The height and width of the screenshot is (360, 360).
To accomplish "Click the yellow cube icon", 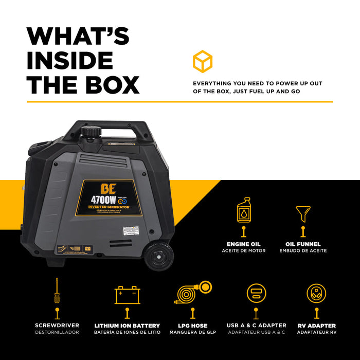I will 203,61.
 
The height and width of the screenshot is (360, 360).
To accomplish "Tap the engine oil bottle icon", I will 244,211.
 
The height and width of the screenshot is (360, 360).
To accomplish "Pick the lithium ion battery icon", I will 127,295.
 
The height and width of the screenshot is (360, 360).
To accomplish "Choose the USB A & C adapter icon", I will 256,293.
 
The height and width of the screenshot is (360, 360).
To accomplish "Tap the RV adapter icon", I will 316,293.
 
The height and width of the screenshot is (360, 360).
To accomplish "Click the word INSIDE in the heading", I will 70,60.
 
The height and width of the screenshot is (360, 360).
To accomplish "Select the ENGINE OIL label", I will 244,244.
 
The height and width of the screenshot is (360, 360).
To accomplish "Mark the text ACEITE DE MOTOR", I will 244,251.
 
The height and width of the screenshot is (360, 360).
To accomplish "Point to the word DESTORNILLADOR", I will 57,332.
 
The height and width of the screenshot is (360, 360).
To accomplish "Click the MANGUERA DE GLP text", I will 193,332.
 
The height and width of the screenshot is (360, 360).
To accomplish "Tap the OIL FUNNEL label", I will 303,244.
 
